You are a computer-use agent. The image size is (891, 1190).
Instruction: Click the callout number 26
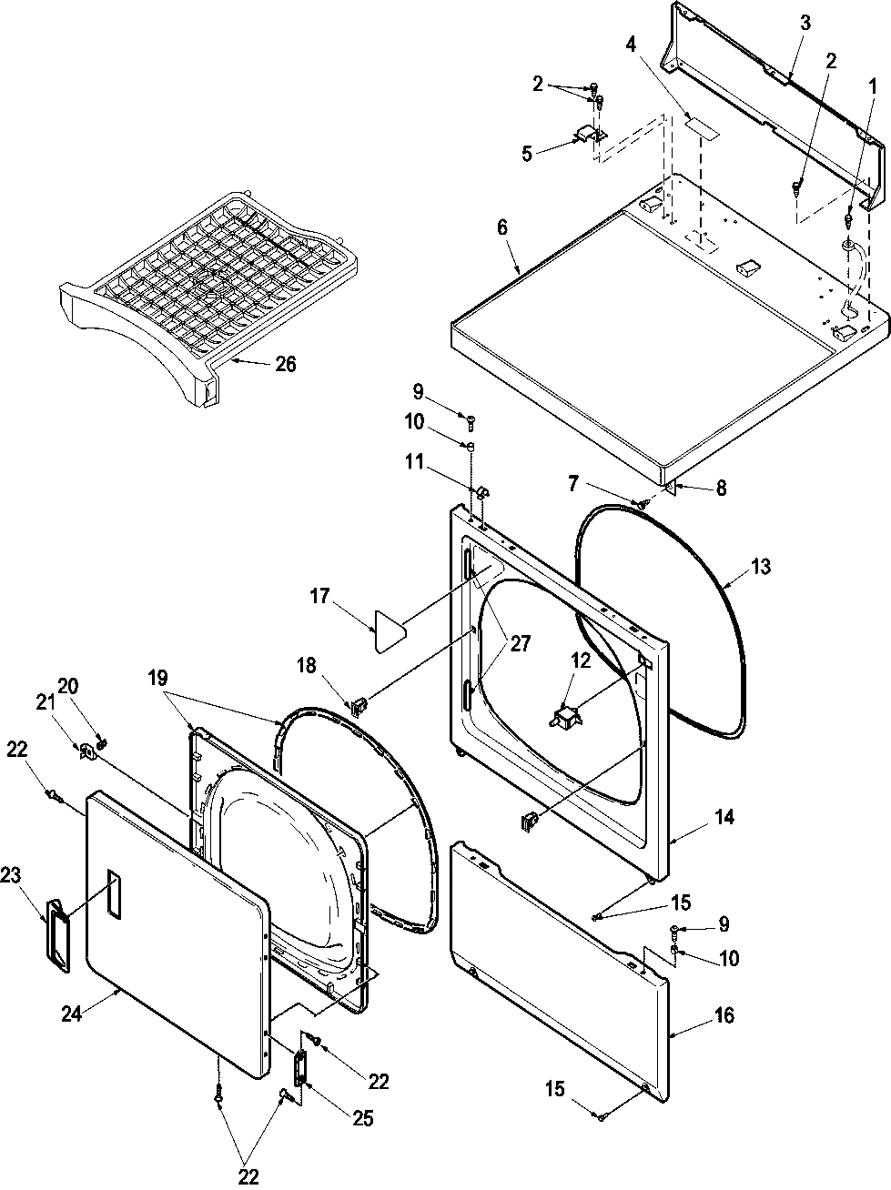coord(285,365)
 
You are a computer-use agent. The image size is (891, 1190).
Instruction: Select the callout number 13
coord(761,567)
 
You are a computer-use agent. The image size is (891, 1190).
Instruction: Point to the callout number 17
coord(319,598)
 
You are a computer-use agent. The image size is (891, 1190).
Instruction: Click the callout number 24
coord(72,1013)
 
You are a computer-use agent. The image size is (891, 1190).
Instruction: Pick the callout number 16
coord(724,1014)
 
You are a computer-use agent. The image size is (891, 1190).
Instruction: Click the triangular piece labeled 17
coord(386,630)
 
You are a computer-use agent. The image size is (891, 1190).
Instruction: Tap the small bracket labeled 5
coord(589,136)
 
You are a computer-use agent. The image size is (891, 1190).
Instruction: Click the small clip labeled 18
coord(358,703)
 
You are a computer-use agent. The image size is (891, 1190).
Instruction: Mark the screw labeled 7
coord(643,501)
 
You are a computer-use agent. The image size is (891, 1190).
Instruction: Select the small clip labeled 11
coord(481,491)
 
